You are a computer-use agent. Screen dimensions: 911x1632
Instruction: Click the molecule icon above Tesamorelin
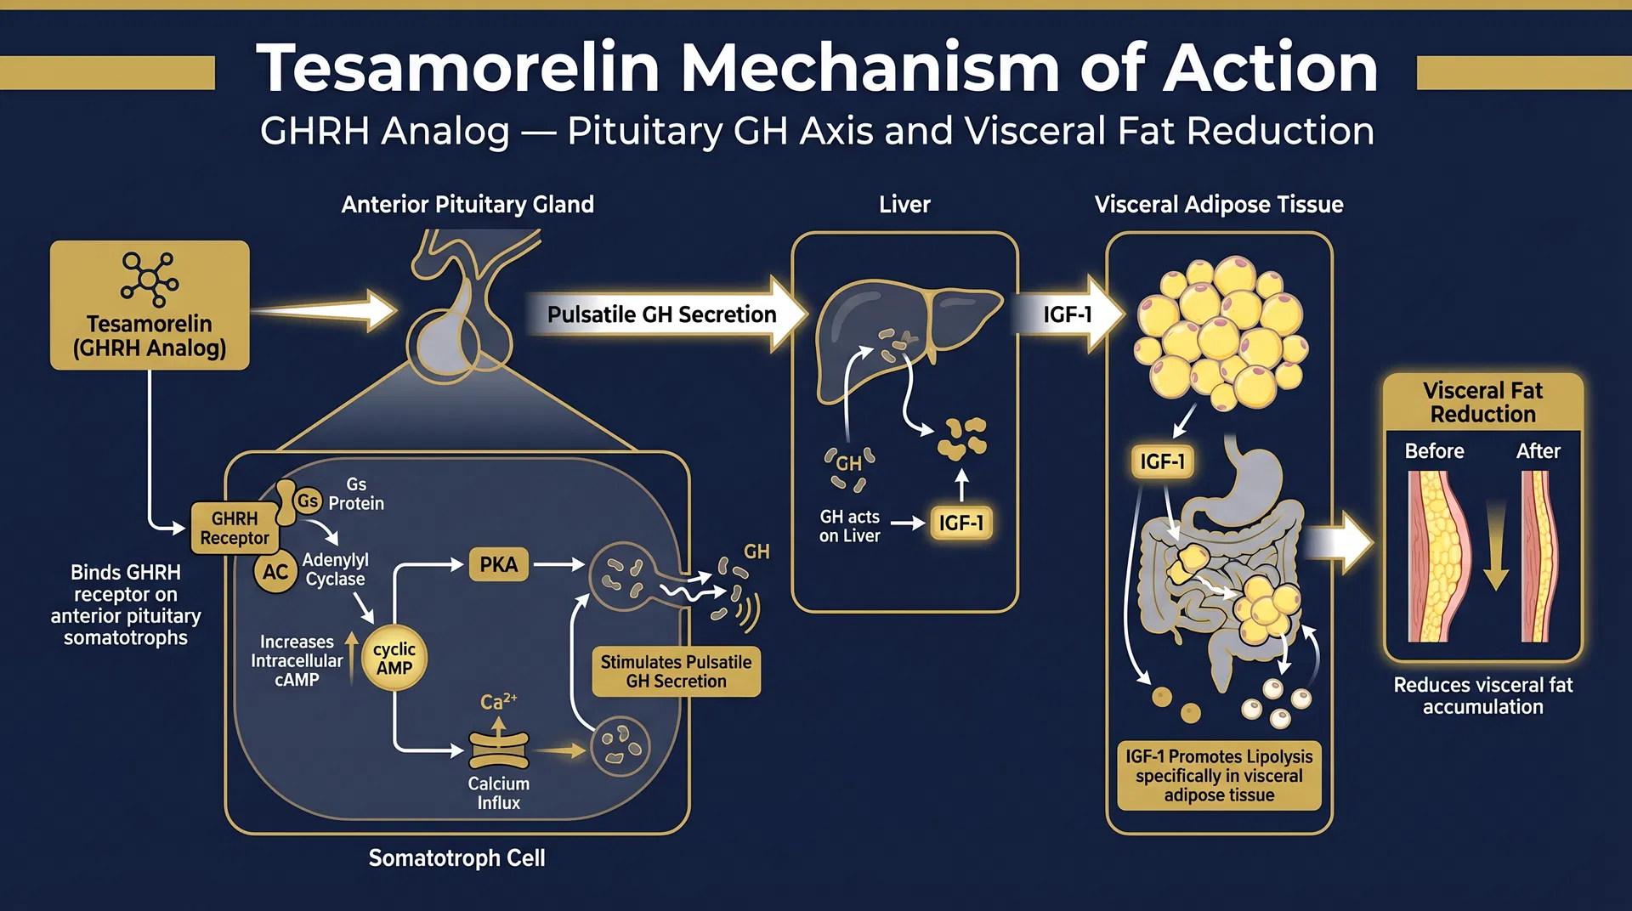[x=150, y=278]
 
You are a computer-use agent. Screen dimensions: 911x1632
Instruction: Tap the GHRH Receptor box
[x=234, y=528]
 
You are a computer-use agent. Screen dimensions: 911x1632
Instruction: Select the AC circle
[x=275, y=572]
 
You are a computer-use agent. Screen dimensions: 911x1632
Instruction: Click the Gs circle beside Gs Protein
[x=308, y=501]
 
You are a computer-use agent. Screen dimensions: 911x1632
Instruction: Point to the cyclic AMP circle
[x=394, y=659]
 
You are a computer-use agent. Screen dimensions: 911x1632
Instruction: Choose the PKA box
[x=498, y=565]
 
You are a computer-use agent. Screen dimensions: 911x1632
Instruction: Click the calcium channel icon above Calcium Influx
[x=499, y=750]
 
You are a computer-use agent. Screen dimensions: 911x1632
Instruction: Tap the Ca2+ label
[x=498, y=702]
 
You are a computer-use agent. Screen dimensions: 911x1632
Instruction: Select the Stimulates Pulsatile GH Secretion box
[x=676, y=671]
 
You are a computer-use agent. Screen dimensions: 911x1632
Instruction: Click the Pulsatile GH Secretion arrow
[x=663, y=314]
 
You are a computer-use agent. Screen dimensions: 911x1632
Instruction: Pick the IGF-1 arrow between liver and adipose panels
[x=1068, y=314]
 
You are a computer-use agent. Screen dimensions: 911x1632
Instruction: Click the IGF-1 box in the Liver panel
[x=961, y=523]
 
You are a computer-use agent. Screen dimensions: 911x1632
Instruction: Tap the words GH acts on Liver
[x=849, y=526]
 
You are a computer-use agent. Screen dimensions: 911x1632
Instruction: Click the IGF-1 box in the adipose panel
[x=1162, y=461]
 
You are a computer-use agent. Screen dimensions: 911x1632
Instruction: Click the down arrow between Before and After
[x=1495, y=548]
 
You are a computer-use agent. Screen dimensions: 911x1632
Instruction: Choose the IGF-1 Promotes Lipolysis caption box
[x=1219, y=775]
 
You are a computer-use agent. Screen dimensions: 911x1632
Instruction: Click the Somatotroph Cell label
[x=456, y=858]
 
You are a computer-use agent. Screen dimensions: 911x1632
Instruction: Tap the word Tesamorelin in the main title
[x=458, y=68]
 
